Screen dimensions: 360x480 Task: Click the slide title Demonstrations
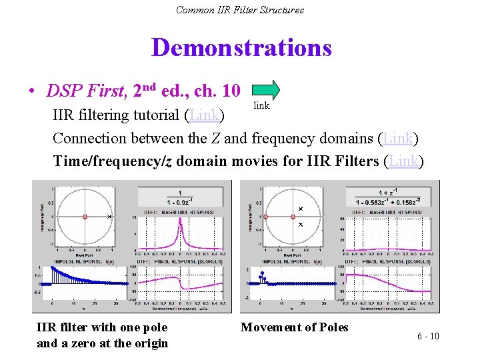pyautogui.click(x=241, y=48)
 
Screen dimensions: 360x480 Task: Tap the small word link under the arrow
pyautogui.click(x=261, y=106)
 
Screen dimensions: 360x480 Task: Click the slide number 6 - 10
pyautogui.click(x=428, y=336)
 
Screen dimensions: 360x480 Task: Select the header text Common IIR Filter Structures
pyautogui.click(x=240, y=10)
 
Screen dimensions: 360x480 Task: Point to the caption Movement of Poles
pyautogui.click(x=294, y=327)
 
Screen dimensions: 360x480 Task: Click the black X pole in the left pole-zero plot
pyautogui.click(x=109, y=217)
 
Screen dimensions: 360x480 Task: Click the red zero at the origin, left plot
pyautogui.click(x=85, y=217)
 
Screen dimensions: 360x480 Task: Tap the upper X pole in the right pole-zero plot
pyautogui.click(x=300, y=209)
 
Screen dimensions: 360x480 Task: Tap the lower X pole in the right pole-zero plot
pyautogui.click(x=300, y=225)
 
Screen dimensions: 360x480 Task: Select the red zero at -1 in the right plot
pyautogui.click(x=266, y=217)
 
